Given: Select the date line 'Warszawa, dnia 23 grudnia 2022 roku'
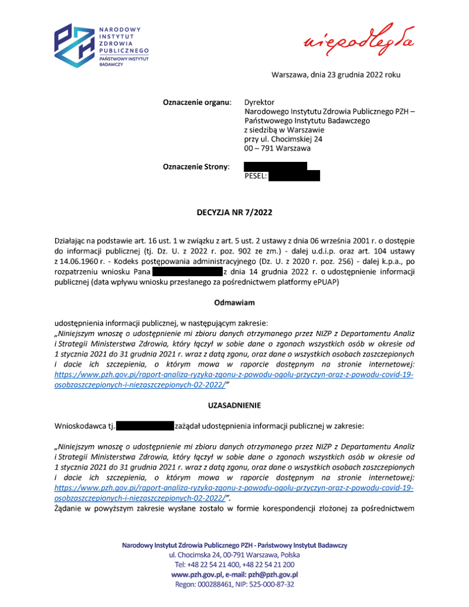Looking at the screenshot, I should [x=336, y=75].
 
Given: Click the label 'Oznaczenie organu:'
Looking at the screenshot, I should [x=197, y=103].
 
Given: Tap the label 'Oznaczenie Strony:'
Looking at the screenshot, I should [x=196, y=168].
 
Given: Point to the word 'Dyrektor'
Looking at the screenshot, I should [x=260, y=103].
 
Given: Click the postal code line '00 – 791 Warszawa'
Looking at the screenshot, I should [x=277, y=148].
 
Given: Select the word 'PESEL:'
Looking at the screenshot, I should [x=256, y=176].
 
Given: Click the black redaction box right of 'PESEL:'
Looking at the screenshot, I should [x=294, y=176].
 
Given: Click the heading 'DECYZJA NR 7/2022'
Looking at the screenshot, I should [x=234, y=212].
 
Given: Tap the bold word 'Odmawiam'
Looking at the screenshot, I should [x=234, y=303].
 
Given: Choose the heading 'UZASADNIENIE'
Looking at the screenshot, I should [x=234, y=405].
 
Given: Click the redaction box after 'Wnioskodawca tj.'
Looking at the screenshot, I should [x=145, y=426].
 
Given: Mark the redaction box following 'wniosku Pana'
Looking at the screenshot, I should [x=187, y=271].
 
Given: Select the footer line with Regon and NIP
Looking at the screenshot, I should [x=234, y=584].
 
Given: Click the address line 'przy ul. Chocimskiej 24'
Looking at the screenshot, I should [x=283, y=139].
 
